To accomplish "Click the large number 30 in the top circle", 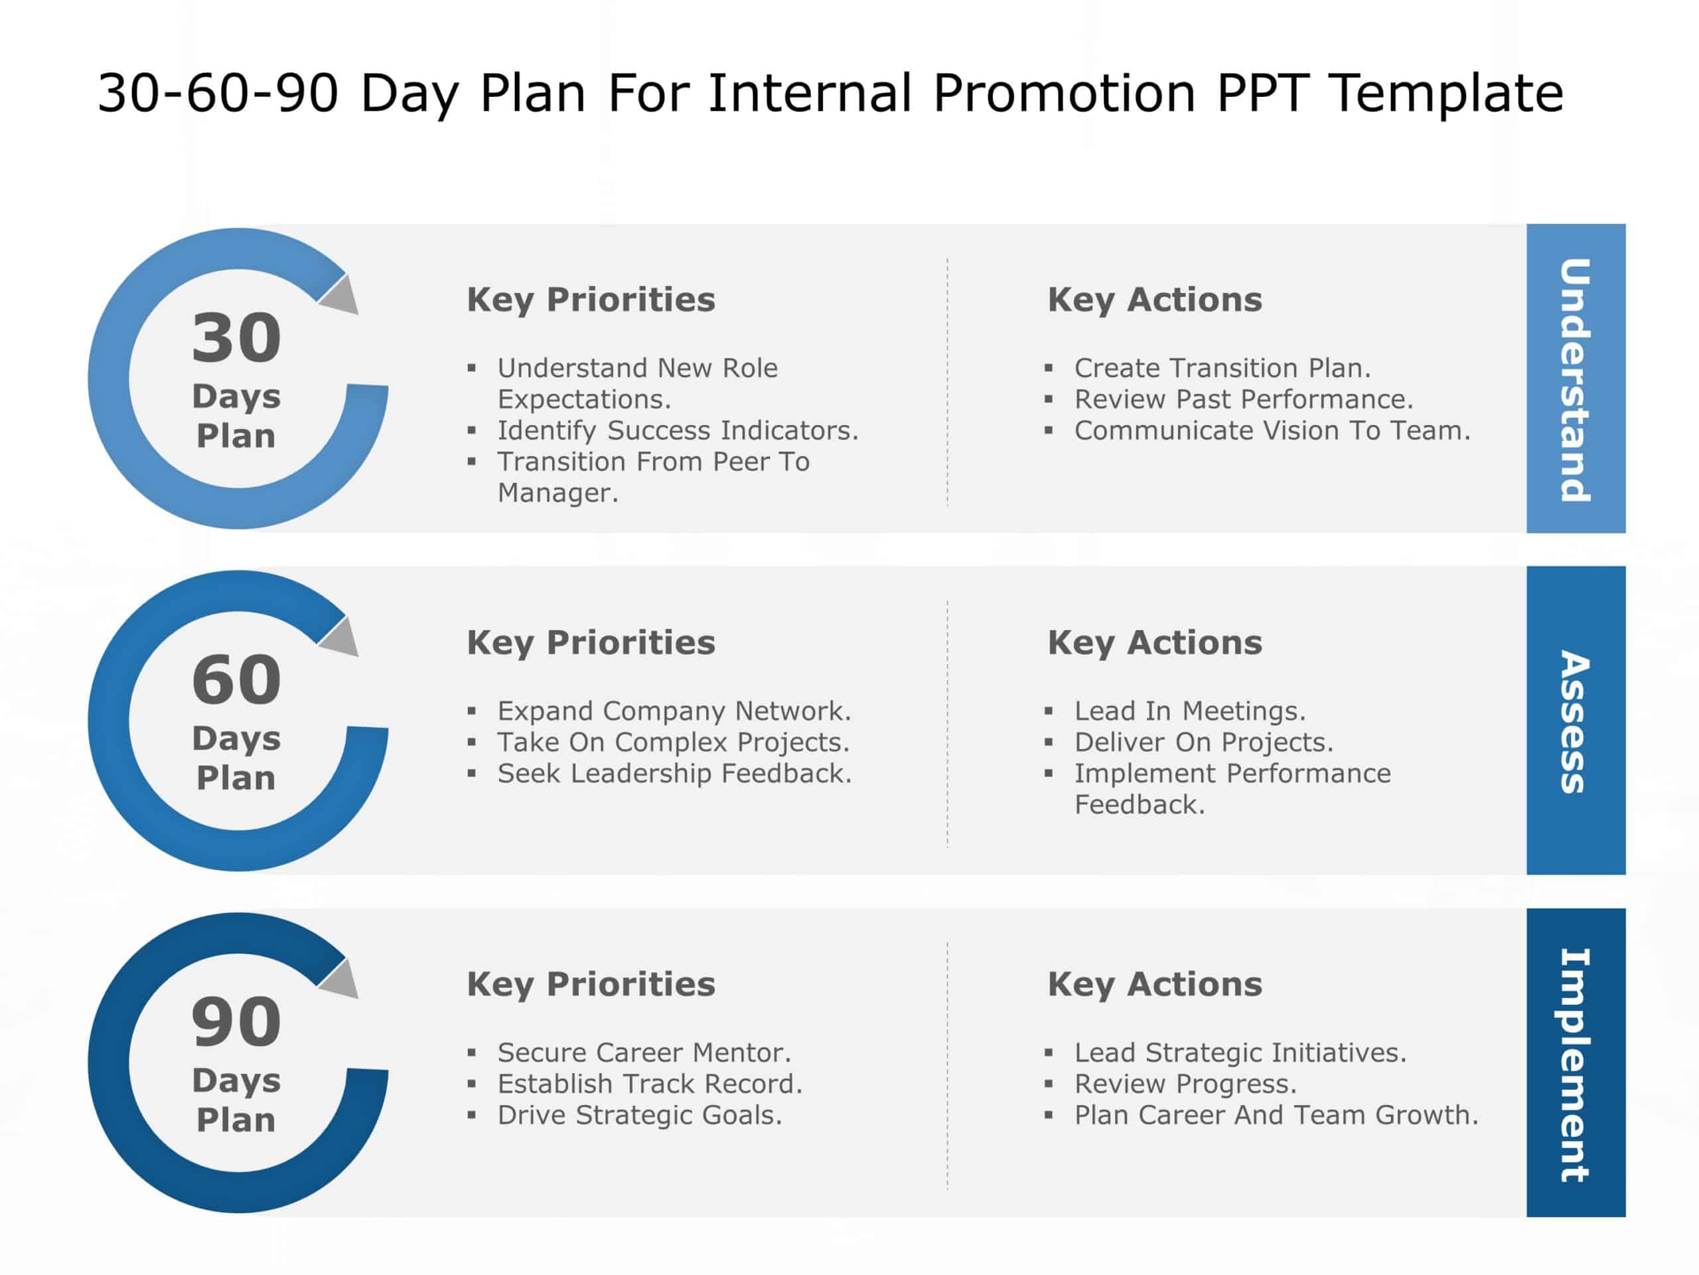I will pos(236,338).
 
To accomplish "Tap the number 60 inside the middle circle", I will pos(236,680).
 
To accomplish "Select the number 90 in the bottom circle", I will pos(236,1022).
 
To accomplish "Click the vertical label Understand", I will pos(1575,380).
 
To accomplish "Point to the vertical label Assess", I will pos(1575,722).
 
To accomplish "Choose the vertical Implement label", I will pos(1575,1064).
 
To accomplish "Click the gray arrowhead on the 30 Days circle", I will pos(341,297).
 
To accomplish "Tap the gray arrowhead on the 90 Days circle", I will pos(341,981).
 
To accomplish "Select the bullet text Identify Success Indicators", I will pos(678,430).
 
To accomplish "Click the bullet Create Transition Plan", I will pos(1222,368).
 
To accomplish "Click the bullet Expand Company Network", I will pos(674,711).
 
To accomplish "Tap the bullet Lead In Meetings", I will pos(1189,711).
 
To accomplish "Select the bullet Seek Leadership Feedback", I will pos(674,773).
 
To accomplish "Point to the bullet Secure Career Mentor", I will pos(644,1052).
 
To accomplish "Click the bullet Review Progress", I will pos(1185,1084).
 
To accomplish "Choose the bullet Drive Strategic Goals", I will pos(639,1115).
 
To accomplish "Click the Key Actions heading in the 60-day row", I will pos(1154,643).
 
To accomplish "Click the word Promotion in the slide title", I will pos(1064,94).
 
